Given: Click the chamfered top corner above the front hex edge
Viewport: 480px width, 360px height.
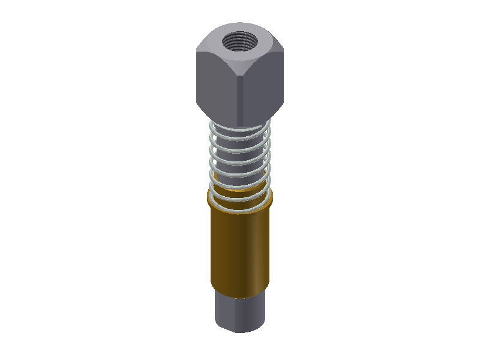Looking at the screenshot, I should click(240, 67).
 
